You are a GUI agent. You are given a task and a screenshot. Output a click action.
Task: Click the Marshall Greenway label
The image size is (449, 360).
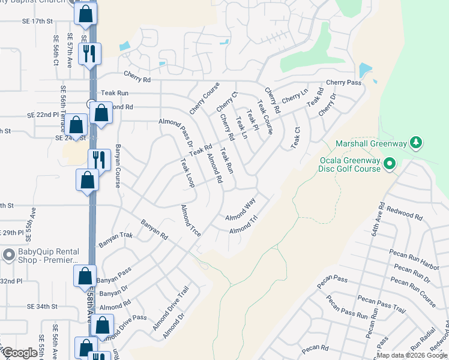coord(371,143)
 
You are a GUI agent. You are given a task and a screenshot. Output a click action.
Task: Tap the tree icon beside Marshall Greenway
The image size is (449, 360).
coord(415,143)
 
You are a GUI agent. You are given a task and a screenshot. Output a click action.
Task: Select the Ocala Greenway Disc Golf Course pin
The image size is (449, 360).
coord(389,163)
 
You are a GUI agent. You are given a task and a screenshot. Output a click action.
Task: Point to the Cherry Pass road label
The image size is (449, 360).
coord(343,82)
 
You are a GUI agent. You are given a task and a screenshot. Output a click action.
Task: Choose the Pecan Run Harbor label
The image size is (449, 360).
coord(415,258)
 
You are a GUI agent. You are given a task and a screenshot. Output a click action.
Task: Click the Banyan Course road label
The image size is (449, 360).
coord(118,165)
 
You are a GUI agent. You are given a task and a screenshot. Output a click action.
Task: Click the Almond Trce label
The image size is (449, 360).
coord(190,220)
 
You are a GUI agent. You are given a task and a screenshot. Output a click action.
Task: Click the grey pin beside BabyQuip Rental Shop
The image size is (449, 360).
coord(8,255)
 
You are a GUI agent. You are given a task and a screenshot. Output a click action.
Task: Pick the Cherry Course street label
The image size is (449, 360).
coord(204,98)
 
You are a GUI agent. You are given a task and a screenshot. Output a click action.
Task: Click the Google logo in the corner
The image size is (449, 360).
coord(20,353)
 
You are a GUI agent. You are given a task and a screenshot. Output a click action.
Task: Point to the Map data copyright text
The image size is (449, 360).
coord(412,355)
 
